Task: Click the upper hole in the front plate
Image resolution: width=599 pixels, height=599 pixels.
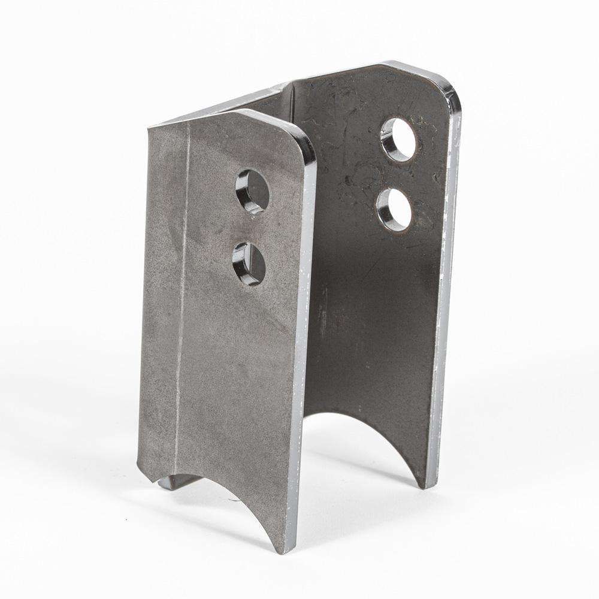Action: (252, 191)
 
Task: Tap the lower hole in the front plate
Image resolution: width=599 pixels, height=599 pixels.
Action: (249, 263)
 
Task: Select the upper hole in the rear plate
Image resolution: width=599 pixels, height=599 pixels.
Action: (398, 139)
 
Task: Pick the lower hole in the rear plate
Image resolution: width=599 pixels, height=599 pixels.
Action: (394, 208)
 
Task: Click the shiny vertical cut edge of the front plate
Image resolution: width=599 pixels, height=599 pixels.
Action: (302, 359)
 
